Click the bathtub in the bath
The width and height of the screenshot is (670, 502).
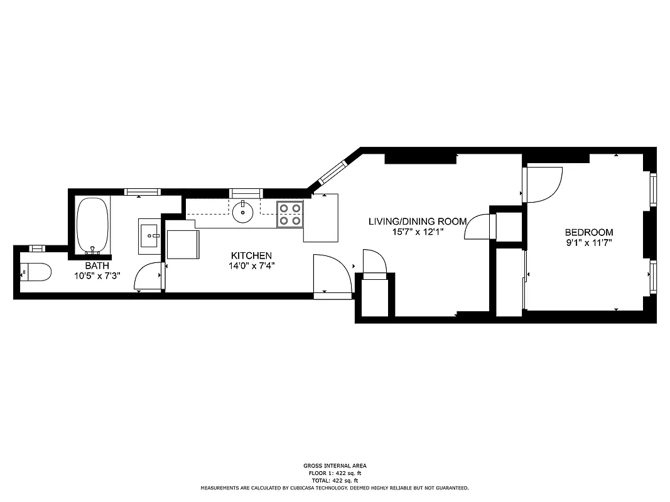92,225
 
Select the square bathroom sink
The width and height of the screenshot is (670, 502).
149,235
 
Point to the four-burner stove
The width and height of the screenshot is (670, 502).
290,213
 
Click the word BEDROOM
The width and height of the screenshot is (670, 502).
588,232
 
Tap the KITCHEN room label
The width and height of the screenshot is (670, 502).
251,255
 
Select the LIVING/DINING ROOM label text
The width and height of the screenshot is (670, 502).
417,221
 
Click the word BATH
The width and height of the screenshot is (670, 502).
97,265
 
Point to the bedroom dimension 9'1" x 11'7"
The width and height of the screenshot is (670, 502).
588,242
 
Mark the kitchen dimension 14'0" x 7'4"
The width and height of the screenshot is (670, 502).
251,265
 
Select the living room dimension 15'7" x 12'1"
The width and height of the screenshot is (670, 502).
417,231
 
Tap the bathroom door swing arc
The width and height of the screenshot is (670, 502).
148,277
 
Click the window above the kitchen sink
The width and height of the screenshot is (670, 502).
245,191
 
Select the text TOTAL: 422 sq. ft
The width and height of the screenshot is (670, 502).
334,480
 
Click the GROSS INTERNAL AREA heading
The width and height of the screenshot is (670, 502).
334,466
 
